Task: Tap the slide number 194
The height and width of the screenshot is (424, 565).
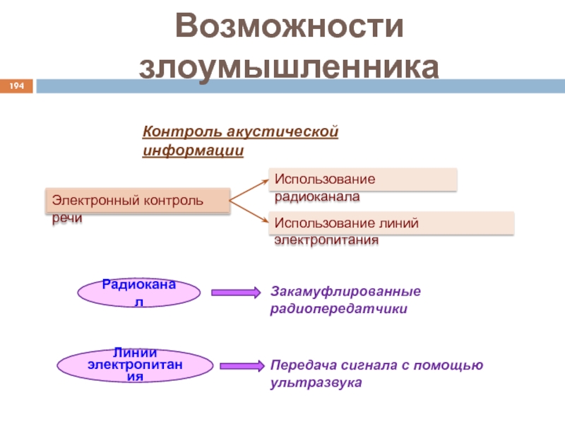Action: coord(16,86)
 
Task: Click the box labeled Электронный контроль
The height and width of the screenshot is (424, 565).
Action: coord(138,201)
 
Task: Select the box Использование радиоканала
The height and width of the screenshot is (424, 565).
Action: coord(362,179)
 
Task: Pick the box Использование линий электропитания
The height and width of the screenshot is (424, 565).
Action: coord(391,223)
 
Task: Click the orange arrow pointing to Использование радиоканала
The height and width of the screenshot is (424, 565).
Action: coord(249,189)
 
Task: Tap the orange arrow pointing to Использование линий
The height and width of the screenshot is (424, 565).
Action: coord(249,212)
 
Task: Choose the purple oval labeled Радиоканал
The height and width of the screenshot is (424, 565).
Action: coord(138,292)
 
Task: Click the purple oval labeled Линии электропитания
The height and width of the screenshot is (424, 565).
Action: coord(133,365)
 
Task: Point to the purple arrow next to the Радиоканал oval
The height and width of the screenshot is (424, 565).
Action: coord(236,293)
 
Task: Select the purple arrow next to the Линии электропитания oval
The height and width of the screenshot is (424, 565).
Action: coord(242,366)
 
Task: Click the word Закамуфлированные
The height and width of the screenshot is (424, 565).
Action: coord(345,291)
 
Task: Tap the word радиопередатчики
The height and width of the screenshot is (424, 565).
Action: coord(338,309)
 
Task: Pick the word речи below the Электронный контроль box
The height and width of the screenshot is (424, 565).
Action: coord(66,219)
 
